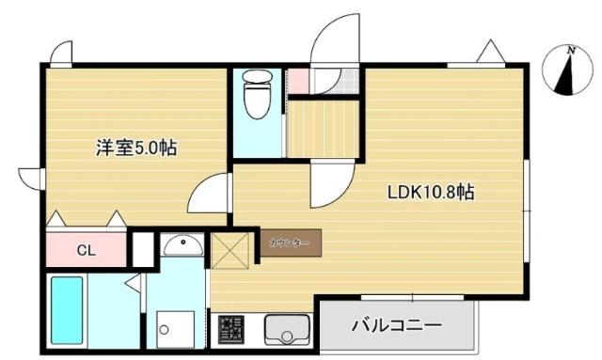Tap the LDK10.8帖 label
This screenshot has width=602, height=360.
pyautogui.click(x=431, y=192)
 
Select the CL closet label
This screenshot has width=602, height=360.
pyautogui.click(x=86, y=250)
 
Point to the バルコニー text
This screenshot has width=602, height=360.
pyautogui.click(x=396, y=326)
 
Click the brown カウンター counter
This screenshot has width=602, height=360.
pyautogui.click(x=290, y=243)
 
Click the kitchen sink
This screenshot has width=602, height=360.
pyautogui.click(x=286, y=330)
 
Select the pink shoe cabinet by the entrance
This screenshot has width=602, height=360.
pyautogui.click(x=297, y=81)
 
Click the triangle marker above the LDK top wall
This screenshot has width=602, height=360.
pyautogui.click(x=491, y=52)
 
